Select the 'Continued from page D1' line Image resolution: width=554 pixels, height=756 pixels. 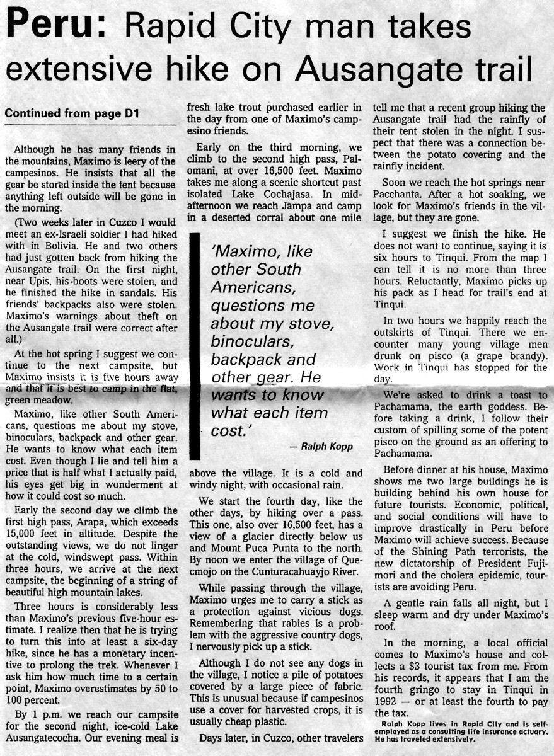[x=72, y=114]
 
